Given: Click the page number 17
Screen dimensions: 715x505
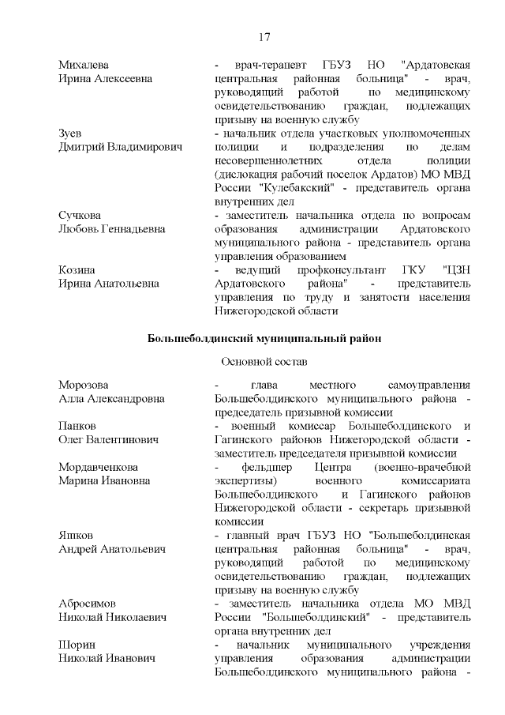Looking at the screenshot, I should coord(264,37).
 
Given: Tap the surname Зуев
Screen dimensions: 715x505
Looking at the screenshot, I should coord(70,133).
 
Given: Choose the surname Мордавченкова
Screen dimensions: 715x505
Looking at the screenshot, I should coord(99,466).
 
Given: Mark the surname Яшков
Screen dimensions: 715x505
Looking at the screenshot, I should coord(76,535).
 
